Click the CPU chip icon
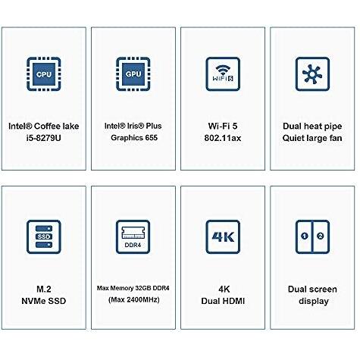tap(44, 74)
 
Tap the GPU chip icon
tap(133, 74)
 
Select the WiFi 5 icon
tap(223, 74)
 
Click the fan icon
tap(312, 74)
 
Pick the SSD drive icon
tap(44, 236)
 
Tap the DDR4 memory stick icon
tap(133, 236)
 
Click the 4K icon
tap(223, 236)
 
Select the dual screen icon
tap(312, 236)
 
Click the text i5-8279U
tap(43, 138)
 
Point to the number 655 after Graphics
tap(152, 138)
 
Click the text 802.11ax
tap(223, 138)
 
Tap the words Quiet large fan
tap(312, 138)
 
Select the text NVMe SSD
tap(44, 301)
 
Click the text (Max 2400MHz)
tap(134, 300)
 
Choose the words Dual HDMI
tap(223, 301)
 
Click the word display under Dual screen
tap(314, 301)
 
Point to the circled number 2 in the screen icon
tap(321, 236)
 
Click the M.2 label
tap(44, 289)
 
